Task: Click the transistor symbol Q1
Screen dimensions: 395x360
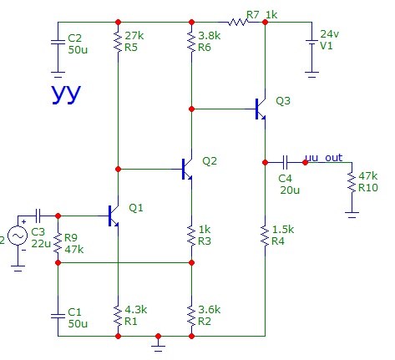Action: (x=114, y=215)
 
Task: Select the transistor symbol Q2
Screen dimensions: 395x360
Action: (x=187, y=169)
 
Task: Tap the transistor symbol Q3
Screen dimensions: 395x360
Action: (x=261, y=109)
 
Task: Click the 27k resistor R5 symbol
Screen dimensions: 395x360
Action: (x=118, y=42)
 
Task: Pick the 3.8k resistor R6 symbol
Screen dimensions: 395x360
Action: (x=191, y=42)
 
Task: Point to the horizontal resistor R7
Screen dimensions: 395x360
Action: (x=238, y=22)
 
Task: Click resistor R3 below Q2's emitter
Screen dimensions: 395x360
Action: (x=191, y=236)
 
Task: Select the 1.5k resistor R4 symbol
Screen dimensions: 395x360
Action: (x=265, y=236)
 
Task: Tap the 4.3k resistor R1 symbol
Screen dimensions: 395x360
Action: (x=118, y=316)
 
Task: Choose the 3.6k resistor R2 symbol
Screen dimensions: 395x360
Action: (x=191, y=316)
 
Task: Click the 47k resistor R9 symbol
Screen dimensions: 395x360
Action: (x=58, y=243)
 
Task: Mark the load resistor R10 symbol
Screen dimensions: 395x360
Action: (x=352, y=182)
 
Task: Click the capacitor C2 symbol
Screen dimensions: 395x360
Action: (x=58, y=42)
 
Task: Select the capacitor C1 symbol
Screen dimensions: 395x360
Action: (x=58, y=316)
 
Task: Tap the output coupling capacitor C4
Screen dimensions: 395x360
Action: (x=285, y=162)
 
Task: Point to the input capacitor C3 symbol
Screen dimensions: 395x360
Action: (x=38, y=215)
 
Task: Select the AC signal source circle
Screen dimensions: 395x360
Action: (x=18, y=236)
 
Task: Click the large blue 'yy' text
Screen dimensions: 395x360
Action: (x=66, y=94)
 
